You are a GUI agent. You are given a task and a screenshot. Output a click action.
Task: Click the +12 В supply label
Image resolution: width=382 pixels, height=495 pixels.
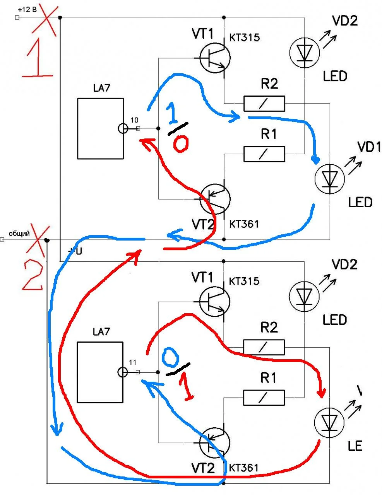pyautogui.click(x=27, y=9)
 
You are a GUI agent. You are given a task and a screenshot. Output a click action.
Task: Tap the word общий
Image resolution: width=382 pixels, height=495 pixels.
pyautogui.click(x=19, y=233)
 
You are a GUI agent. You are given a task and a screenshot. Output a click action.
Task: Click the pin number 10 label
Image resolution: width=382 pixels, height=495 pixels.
pyautogui.click(x=134, y=120)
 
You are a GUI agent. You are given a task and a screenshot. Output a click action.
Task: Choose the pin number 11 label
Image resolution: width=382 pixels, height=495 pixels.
pyautogui.click(x=132, y=362)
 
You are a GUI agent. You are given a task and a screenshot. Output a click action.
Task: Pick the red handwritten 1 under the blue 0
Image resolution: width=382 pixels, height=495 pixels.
pyautogui.click(x=187, y=388)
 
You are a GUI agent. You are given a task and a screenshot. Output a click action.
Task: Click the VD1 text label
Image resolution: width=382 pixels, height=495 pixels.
pyautogui.click(x=368, y=147)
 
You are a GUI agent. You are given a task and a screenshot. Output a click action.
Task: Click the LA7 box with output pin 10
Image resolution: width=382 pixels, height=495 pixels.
pyautogui.click(x=101, y=128)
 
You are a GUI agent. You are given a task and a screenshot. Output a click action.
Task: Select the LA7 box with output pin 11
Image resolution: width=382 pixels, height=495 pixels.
pyautogui.click(x=100, y=372)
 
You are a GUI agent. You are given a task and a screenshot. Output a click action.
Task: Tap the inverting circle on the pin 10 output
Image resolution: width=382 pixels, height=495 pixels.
pyautogui.click(x=123, y=128)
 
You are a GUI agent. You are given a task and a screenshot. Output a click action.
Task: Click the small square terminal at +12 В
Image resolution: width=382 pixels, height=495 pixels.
pyautogui.click(x=17, y=17)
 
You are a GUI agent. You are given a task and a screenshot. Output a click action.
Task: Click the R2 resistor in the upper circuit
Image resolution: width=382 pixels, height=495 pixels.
pyautogui.click(x=264, y=103)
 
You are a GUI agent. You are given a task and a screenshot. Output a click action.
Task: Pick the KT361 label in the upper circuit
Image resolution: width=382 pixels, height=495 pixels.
pyautogui.click(x=244, y=224)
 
